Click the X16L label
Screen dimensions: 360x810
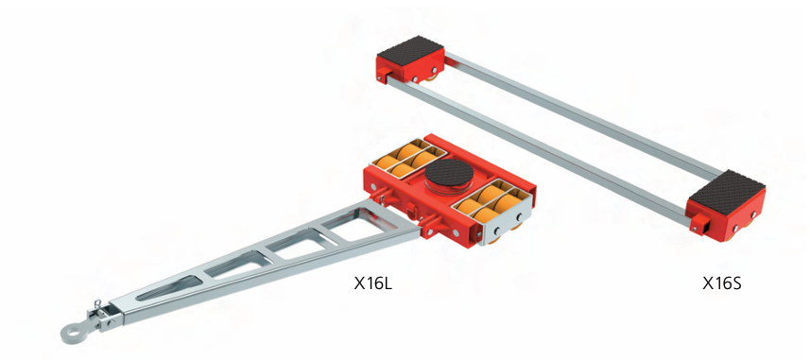(373, 283)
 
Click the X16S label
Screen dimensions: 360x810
(721, 283)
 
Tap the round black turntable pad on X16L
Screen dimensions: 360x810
(450, 177)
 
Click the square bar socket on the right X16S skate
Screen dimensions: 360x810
(702, 225)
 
